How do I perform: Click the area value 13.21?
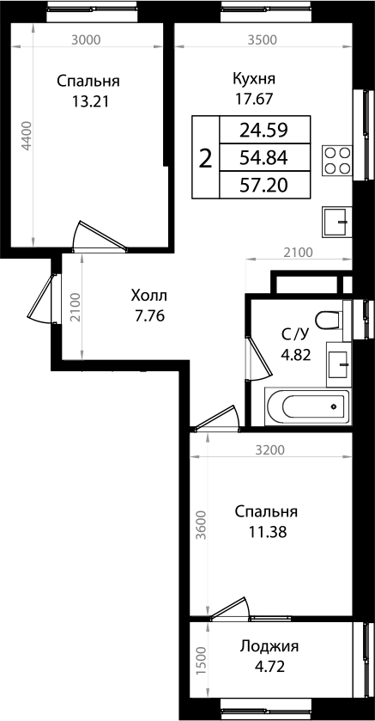click(88, 101)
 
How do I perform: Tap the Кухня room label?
click(253, 79)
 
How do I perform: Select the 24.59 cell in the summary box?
click(263, 131)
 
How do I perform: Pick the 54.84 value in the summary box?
click(263, 157)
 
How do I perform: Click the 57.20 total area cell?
click(263, 184)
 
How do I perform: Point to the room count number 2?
click(204, 158)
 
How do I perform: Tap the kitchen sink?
click(337, 222)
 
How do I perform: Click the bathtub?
click(307, 405)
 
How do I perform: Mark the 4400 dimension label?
click(27, 137)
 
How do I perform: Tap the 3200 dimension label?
click(269, 449)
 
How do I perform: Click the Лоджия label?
click(270, 646)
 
